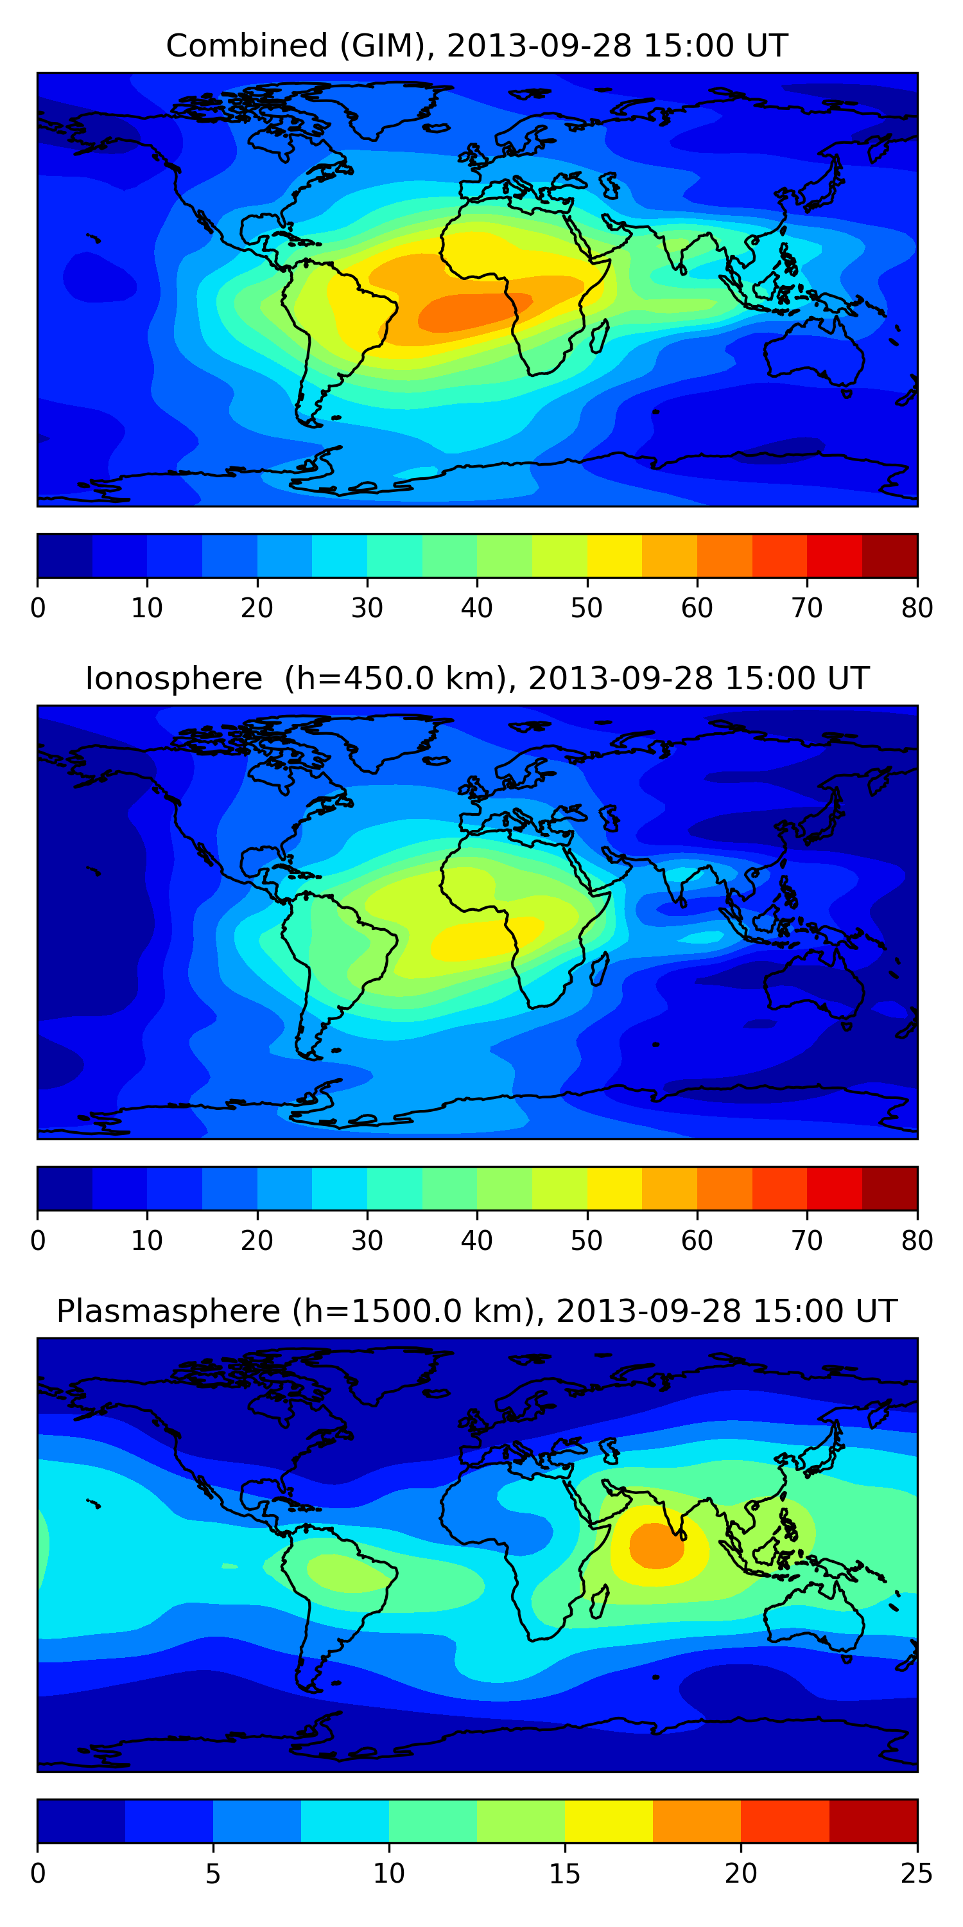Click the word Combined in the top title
click(246, 46)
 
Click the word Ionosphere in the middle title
click(173, 679)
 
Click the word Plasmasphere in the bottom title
click(168, 1312)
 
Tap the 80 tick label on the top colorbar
click(917, 608)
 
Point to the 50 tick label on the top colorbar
click(587, 608)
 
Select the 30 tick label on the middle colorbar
click(367, 1241)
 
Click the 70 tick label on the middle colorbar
click(807, 1241)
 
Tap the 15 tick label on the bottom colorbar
click(564, 1874)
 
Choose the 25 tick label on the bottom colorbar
click(917, 1874)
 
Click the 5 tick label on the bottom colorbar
click(213, 1874)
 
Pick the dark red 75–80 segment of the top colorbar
click(890, 556)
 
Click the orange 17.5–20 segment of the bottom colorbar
click(697, 1822)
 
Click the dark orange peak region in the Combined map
click(471, 311)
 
